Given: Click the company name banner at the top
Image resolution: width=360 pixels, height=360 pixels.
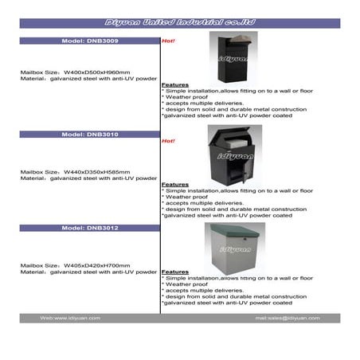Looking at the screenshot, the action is pyautogui.click(x=180, y=24).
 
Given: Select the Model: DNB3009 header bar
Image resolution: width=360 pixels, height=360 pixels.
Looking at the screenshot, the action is pyautogui.click(x=89, y=39).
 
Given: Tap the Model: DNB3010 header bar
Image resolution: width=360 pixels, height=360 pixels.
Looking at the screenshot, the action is pyautogui.click(x=89, y=135).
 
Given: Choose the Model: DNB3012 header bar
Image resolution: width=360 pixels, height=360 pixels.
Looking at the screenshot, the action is pyautogui.click(x=89, y=228).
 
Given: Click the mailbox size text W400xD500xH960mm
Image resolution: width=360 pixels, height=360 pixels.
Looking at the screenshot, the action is pyautogui.click(x=75, y=72).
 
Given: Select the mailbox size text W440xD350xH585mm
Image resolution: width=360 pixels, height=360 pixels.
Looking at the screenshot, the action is pyautogui.click(x=75, y=171).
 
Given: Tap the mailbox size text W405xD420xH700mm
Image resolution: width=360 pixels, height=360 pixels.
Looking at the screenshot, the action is pyautogui.click(x=75, y=264).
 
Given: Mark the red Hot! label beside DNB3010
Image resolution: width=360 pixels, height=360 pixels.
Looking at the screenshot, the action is pyautogui.click(x=168, y=141).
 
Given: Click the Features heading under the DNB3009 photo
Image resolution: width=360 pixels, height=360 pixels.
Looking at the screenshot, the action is pyautogui.click(x=174, y=84).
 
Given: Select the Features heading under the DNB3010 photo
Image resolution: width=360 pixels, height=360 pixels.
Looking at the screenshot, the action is pyautogui.click(x=174, y=183).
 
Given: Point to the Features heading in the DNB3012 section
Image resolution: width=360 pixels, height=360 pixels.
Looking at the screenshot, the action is pyautogui.click(x=174, y=272).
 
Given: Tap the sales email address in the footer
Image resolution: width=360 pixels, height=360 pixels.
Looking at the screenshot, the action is pyautogui.click(x=287, y=318).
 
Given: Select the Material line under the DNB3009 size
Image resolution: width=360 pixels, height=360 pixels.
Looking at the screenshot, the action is pyautogui.click(x=88, y=79).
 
